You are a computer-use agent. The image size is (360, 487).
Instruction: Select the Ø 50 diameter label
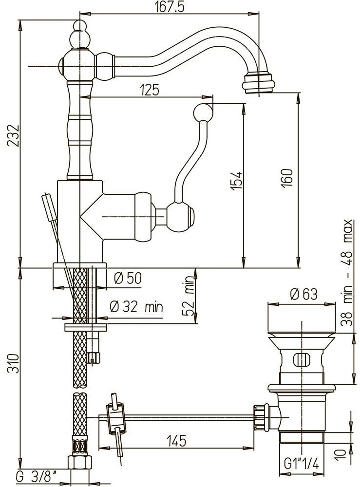pos(127,278)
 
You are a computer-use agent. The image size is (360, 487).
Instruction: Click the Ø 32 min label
pos(136,307)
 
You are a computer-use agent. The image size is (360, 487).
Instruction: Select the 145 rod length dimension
pos(176,441)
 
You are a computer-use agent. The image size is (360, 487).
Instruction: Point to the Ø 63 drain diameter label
pos(303,295)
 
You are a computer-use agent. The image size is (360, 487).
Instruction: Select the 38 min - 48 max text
pos(348,273)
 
